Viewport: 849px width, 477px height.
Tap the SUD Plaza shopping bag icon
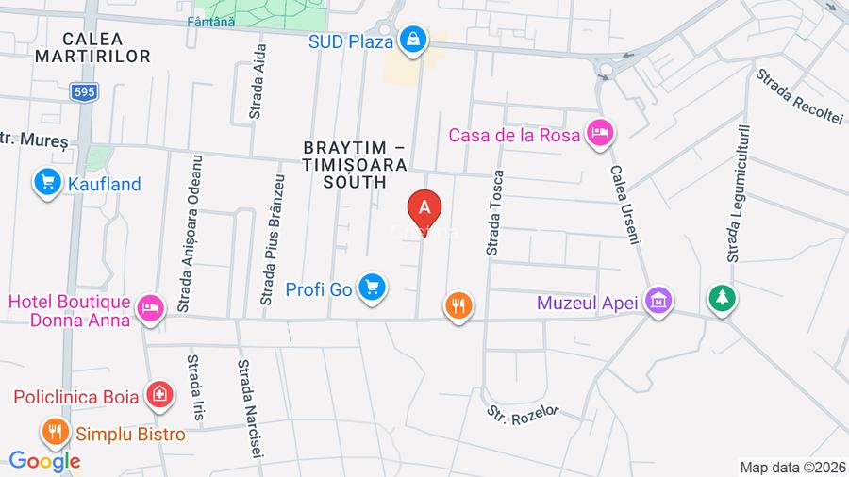(x=412, y=40)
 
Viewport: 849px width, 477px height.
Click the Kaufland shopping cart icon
(x=46, y=183)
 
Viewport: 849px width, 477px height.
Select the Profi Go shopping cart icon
(x=374, y=287)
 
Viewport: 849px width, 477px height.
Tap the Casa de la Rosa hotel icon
(x=598, y=134)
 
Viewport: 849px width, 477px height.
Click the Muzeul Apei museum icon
(x=659, y=302)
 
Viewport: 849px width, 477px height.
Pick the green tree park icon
(x=723, y=299)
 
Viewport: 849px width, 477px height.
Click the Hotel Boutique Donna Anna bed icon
(x=150, y=307)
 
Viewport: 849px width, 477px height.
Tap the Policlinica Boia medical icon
(x=160, y=396)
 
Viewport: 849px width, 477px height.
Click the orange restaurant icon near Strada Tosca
(x=458, y=304)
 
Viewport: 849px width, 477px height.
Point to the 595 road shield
(x=82, y=90)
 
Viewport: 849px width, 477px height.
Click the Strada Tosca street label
(x=494, y=213)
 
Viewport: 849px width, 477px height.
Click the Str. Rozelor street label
(x=523, y=412)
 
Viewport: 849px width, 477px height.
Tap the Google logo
(x=44, y=461)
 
